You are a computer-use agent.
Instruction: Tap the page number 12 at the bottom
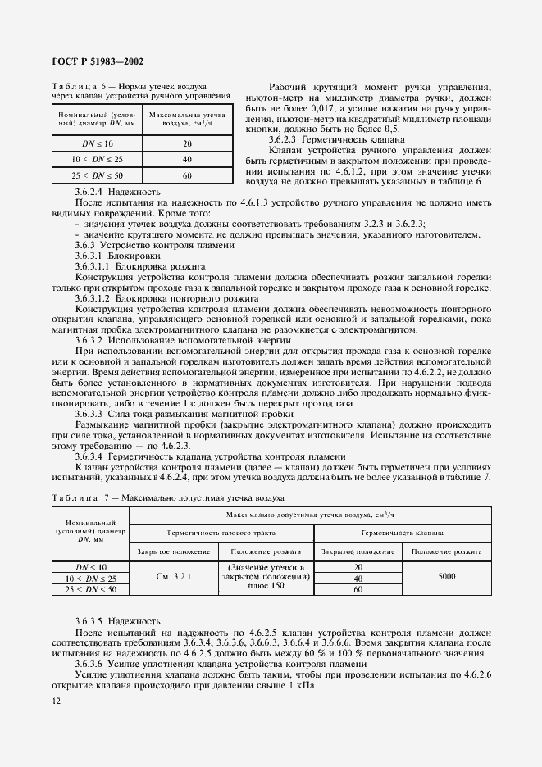(56, 701)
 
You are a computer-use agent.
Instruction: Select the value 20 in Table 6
(187, 143)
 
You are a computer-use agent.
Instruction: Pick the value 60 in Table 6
(187, 175)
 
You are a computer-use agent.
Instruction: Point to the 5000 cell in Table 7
(447, 577)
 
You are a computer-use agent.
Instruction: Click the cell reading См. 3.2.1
(173, 577)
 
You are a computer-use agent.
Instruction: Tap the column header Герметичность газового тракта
(223, 532)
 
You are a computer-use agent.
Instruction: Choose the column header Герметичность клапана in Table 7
(403, 532)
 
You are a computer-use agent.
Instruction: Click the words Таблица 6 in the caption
(78, 86)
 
